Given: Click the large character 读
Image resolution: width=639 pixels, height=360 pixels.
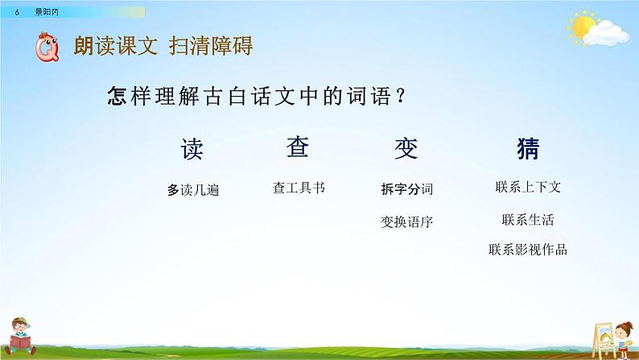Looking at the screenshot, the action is [192, 149].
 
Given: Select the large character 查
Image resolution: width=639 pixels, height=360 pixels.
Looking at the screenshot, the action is [298, 147].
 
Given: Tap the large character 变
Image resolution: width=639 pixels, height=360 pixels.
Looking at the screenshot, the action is [406, 148].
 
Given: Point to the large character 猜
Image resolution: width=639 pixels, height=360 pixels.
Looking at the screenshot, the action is [528, 148].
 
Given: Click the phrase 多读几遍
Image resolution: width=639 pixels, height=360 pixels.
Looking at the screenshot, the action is [193, 190].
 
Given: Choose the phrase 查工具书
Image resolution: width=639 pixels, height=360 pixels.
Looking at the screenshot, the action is [299, 188].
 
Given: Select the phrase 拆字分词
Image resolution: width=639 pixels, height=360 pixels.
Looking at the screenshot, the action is [406, 189].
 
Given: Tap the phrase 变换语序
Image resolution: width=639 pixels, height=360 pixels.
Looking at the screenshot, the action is [406, 221].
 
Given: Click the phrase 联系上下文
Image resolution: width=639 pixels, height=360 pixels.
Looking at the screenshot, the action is [528, 187].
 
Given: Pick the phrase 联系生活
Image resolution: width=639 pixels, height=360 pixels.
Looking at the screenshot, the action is [528, 220].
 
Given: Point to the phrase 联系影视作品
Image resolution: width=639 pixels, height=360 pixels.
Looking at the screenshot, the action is [528, 250].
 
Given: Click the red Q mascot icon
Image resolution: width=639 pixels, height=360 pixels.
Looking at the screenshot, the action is [47, 47].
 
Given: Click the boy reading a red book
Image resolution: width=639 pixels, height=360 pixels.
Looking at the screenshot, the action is [20, 336].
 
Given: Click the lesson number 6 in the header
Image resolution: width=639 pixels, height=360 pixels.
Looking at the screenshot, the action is [17, 12].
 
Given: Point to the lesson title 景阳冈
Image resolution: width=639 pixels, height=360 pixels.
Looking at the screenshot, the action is [47, 12].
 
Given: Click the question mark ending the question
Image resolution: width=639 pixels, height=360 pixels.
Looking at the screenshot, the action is [401, 96].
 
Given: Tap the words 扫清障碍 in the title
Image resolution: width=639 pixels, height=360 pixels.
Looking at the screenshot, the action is [211, 46].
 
